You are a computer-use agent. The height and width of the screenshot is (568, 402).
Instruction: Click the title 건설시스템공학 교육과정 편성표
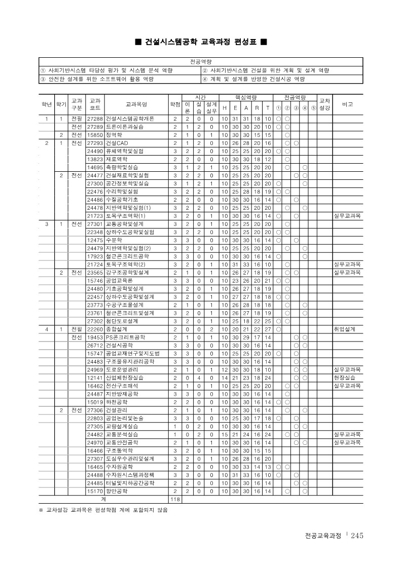(x=201, y=42)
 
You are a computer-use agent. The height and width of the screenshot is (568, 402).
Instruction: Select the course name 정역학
(x=114, y=135)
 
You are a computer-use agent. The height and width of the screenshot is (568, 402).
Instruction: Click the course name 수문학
(x=114, y=240)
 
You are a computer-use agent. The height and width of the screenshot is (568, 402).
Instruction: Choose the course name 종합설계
(x=116, y=329)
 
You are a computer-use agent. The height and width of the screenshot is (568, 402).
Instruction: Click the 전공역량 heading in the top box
(x=201, y=61)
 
